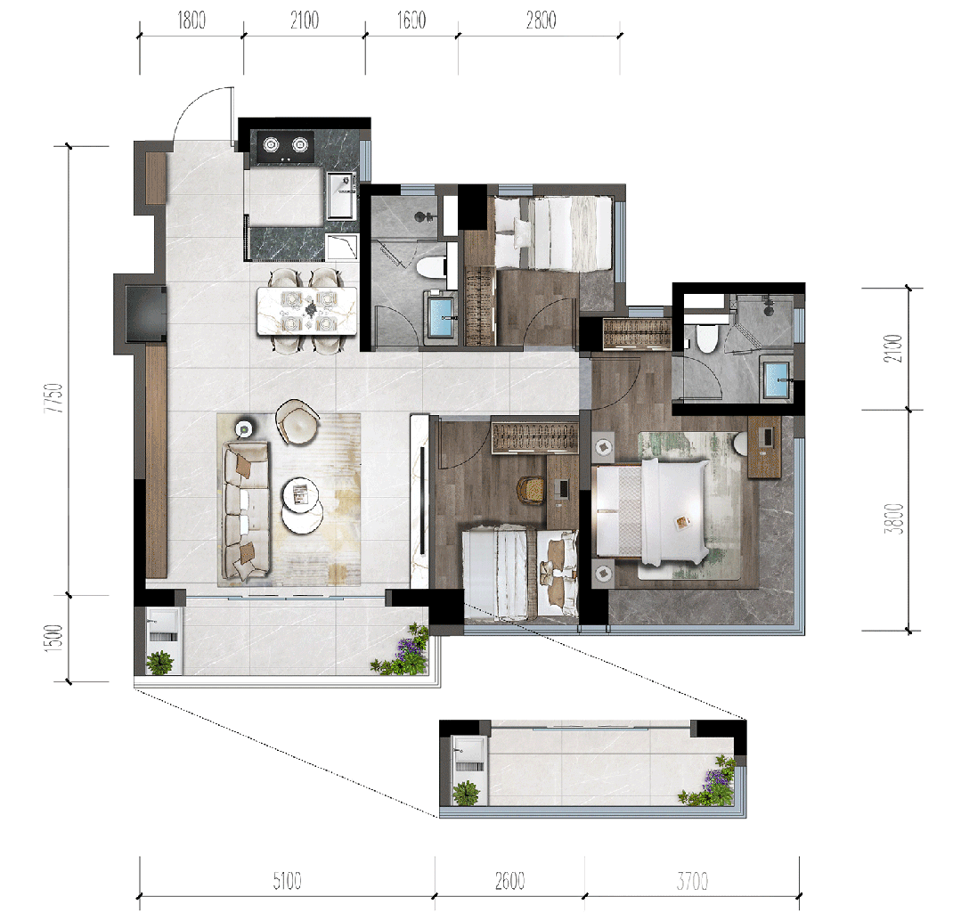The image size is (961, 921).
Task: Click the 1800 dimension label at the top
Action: click(x=191, y=20)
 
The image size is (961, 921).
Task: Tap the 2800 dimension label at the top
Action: click(x=542, y=20)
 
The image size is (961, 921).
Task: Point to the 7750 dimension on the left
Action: click(x=53, y=397)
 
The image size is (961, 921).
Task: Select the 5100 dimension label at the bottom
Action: click(x=287, y=881)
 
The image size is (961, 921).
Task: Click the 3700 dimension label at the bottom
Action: click(x=693, y=881)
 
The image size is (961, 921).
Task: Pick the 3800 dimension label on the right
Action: click(x=894, y=518)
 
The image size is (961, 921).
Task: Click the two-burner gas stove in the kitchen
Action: click(x=286, y=146)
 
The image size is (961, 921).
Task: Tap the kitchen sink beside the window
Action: click(x=341, y=195)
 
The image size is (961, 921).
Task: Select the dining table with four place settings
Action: click(x=306, y=311)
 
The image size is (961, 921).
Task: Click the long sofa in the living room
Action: click(x=246, y=510)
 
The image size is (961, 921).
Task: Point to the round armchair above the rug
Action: click(x=297, y=421)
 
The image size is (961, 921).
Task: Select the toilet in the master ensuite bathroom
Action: click(x=706, y=338)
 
